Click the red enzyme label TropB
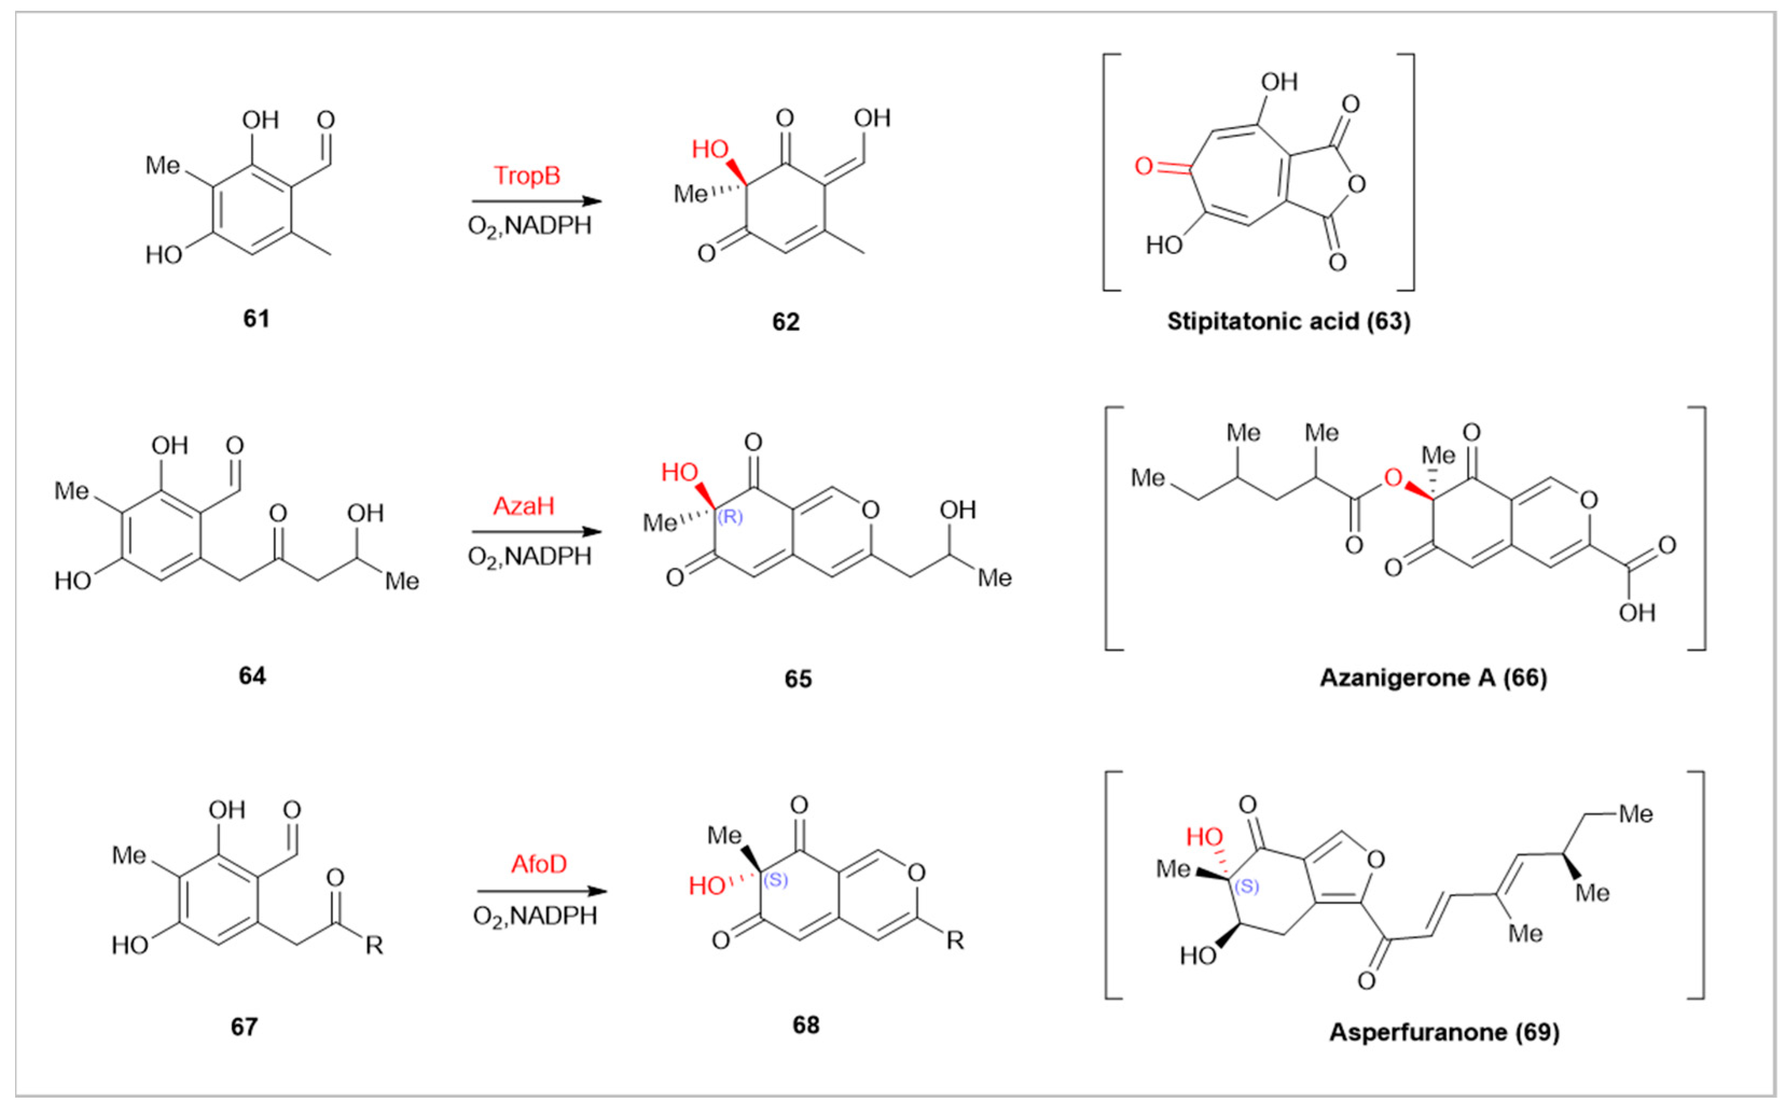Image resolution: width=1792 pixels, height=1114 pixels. (526, 176)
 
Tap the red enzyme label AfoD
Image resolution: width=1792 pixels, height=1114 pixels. (539, 864)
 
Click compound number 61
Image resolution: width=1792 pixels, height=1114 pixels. (256, 318)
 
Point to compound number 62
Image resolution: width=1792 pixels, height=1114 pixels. (785, 322)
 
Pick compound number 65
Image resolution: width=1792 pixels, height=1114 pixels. (797, 678)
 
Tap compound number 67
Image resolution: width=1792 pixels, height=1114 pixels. (244, 1026)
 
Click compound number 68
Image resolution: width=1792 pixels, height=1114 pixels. (805, 1025)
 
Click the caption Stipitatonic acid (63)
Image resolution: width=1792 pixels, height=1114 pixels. (1289, 321)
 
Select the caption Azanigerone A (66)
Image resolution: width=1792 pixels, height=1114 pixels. (1433, 677)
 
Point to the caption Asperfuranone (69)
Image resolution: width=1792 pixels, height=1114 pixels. (1444, 1032)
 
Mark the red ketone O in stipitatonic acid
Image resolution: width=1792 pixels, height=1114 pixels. (1143, 166)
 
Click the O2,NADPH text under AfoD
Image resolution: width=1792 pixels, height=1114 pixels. (534, 916)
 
